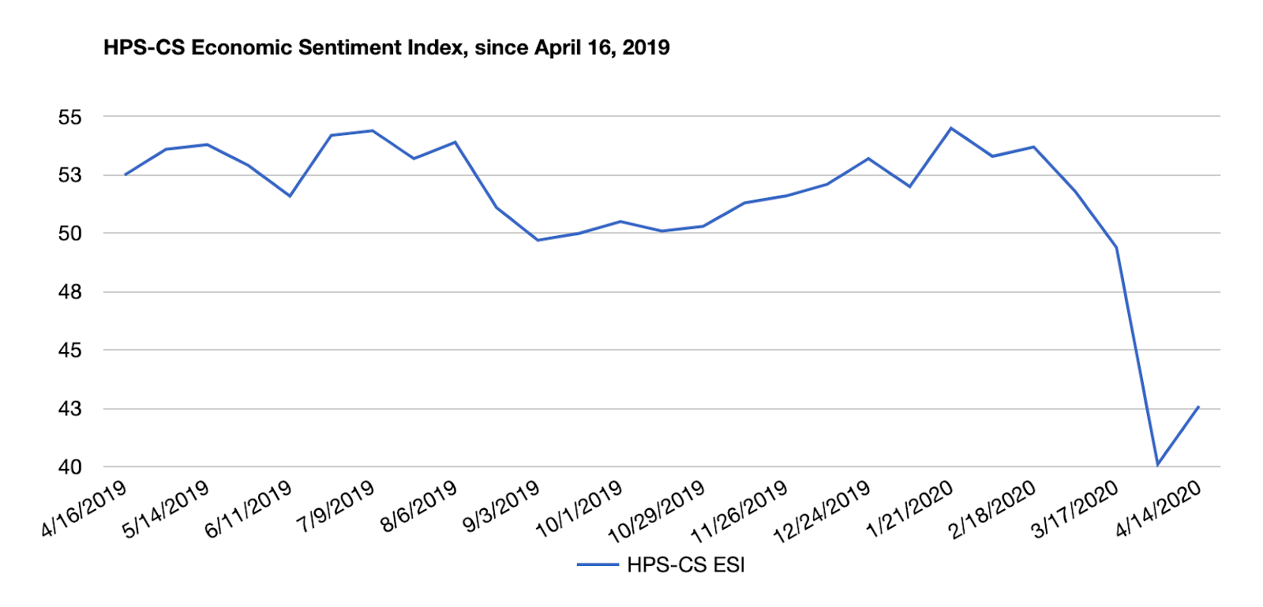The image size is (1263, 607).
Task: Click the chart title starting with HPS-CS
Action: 386,47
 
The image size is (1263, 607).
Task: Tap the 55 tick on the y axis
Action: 69,118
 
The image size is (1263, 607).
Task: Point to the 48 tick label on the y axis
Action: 69,292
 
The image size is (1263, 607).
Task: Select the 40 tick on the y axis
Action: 69,467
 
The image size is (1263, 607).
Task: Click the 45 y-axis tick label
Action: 69,350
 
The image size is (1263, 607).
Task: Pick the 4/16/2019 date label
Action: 84,508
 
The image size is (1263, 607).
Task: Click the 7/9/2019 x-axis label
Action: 335,506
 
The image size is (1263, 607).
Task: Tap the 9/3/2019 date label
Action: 500,506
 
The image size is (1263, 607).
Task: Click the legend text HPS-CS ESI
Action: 686,565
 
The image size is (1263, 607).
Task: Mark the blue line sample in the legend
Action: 598,565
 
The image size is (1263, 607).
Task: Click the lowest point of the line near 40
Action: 1157,465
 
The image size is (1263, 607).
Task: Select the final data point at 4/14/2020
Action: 1198,407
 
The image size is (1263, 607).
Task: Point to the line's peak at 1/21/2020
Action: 950,128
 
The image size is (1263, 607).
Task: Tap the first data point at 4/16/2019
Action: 126,174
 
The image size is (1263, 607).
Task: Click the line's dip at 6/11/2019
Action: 290,196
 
